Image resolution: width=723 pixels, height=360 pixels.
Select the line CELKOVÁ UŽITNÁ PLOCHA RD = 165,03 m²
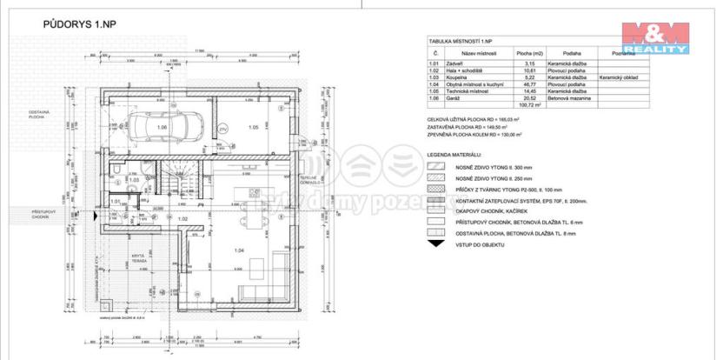pos(473,117)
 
